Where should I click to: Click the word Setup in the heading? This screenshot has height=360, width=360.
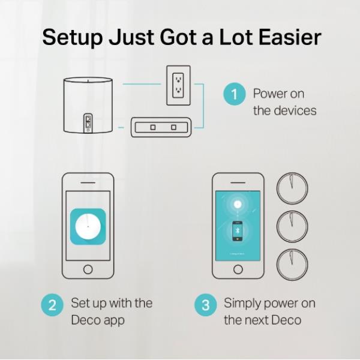pyautogui.click(x=73, y=38)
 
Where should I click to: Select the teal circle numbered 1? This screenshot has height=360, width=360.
pyautogui.click(x=235, y=94)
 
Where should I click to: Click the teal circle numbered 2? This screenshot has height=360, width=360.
pyautogui.click(x=52, y=305)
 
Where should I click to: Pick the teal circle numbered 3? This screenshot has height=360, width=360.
pyautogui.click(x=205, y=305)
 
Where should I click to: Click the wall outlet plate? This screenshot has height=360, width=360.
pyautogui.click(x=178, y=85)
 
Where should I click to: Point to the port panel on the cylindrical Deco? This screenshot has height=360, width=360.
pyautogui.click(x=88, y=123)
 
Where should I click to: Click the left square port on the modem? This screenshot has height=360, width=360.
pyautogui.click(x=153, y=127)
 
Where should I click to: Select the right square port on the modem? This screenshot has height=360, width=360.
pyautogui.click(x=174, y=127)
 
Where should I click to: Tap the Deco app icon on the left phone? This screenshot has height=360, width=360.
pyautogui.click(x=88, y=227)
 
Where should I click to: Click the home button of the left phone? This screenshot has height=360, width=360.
pyautogui.click(x=88, y=269)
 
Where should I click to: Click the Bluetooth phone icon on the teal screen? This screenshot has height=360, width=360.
pyautogui.click(x=238, y=231)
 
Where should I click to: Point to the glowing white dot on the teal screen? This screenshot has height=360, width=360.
pyautogui.click(x=238, y=204)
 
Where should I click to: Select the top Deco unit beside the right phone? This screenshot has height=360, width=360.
pyautogui.click(x=292, y=188)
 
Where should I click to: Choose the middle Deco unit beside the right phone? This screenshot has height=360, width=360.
pyautogui.click(x=292, y=227)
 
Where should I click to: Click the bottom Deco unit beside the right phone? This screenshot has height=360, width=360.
pyautogui.click(x=292, y=265)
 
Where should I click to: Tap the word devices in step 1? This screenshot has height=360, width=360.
pyautogui.click(x=296, y=110)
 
